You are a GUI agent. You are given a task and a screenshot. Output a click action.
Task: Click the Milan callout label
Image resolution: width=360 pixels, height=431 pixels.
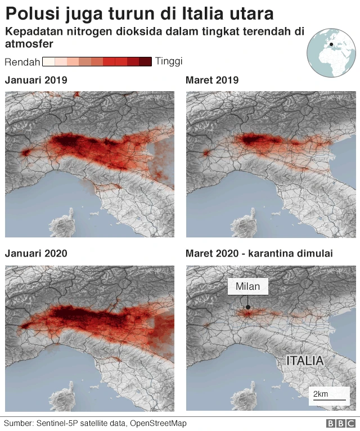248,286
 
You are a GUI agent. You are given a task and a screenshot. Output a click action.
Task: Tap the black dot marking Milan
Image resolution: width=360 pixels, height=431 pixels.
247,307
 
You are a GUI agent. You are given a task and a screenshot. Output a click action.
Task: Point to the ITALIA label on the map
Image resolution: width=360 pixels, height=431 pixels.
305,361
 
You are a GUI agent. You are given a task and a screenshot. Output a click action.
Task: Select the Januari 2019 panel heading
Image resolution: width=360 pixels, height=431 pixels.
36,80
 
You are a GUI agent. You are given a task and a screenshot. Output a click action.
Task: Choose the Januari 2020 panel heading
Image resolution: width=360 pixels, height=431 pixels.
36,254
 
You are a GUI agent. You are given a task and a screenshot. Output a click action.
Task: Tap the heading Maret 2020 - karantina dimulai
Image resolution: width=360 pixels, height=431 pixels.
259,254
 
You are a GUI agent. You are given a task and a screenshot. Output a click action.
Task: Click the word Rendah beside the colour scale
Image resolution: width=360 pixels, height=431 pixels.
21,61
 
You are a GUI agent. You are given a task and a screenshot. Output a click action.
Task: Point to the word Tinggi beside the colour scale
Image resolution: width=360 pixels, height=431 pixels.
169,61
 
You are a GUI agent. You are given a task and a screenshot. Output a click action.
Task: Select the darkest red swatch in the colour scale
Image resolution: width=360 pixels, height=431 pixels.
146,61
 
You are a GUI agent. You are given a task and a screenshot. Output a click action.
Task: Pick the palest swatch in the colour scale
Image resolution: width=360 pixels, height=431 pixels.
48,61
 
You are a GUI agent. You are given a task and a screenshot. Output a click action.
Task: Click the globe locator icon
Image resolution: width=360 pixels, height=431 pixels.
331,53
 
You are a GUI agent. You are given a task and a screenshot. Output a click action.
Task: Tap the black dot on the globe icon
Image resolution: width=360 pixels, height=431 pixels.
331,44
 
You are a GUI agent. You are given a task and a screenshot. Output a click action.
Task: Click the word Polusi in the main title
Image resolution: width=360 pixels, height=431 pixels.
31,14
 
